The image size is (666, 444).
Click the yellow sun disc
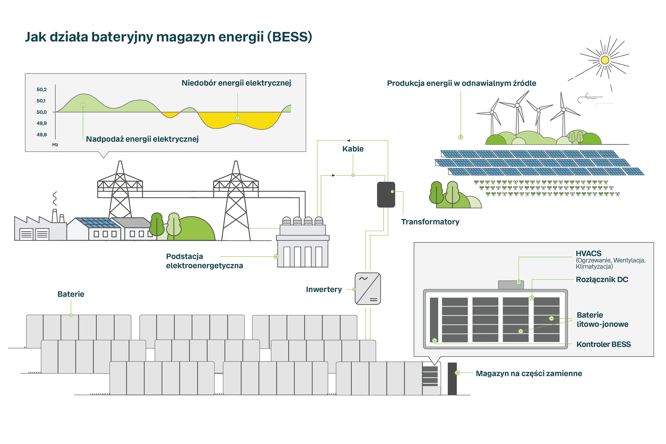pyautogui.click(x=605, y=60)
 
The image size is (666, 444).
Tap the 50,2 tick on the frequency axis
pyautogui.click(x=42, y=89)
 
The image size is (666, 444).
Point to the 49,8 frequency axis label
pyautogui.click(x=42, y=135)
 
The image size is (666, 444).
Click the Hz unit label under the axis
pyautogui.click(x=55, y=145)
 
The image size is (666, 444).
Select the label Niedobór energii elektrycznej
pyautogui.click(x=236, y=83)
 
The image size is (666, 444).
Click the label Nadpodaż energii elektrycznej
pyautogui.click(x=142, y=139)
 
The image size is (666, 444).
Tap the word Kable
pyautogui.click(x=353, y=149)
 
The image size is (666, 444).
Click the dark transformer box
pyautogui.click(x=386, y=194)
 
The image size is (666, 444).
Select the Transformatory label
pyautogui.click(x=430, y=222)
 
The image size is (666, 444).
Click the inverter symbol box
pyautogui.click(x=368, y=289)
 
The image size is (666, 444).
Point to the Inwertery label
pyautogui.click(x=324, y=289)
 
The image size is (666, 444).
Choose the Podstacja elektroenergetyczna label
pyautogui.click(x=204, y=261)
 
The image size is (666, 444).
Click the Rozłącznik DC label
pyautogui.click(x=602, y=280)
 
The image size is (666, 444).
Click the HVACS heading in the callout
pyautogui.click(x=588, y=253)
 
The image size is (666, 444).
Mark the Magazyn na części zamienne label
pyautogui.click(x=529, y=373)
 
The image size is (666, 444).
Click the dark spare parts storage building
pyautogui.click(x=452, y=379)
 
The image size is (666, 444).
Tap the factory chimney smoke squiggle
pyautogui.click(x=55, y=198)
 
